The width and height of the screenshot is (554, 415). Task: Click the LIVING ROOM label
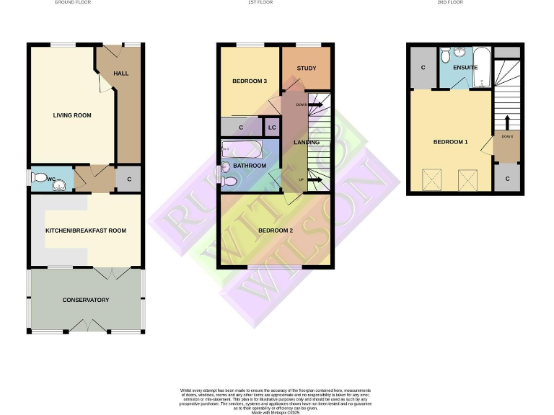coord(72,115)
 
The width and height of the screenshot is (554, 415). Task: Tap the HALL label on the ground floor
coord(120,73)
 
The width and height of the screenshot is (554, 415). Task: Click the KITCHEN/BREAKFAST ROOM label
coord(86,231)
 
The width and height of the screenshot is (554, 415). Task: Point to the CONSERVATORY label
coord(85,300)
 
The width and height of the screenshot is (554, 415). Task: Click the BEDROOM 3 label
coord(250,81)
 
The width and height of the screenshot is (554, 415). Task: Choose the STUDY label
coord(307,68)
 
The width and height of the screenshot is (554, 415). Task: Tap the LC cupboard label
coord(272,128)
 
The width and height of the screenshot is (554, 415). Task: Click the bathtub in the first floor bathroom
coord(242,151)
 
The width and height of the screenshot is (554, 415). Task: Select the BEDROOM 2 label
coord(275,231)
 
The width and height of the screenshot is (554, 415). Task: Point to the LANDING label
coord(307,142)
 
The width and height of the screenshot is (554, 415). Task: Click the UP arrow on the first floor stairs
coord(313,180)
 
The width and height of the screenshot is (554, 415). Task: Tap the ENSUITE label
coord(465,68)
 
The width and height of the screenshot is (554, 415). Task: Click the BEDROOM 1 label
coord(450,142)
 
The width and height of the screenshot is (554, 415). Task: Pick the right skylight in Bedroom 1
coord(466,177)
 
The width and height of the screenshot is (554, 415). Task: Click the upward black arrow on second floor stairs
coord(507,122)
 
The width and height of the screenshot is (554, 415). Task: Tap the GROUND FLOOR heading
coord(73,3)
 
